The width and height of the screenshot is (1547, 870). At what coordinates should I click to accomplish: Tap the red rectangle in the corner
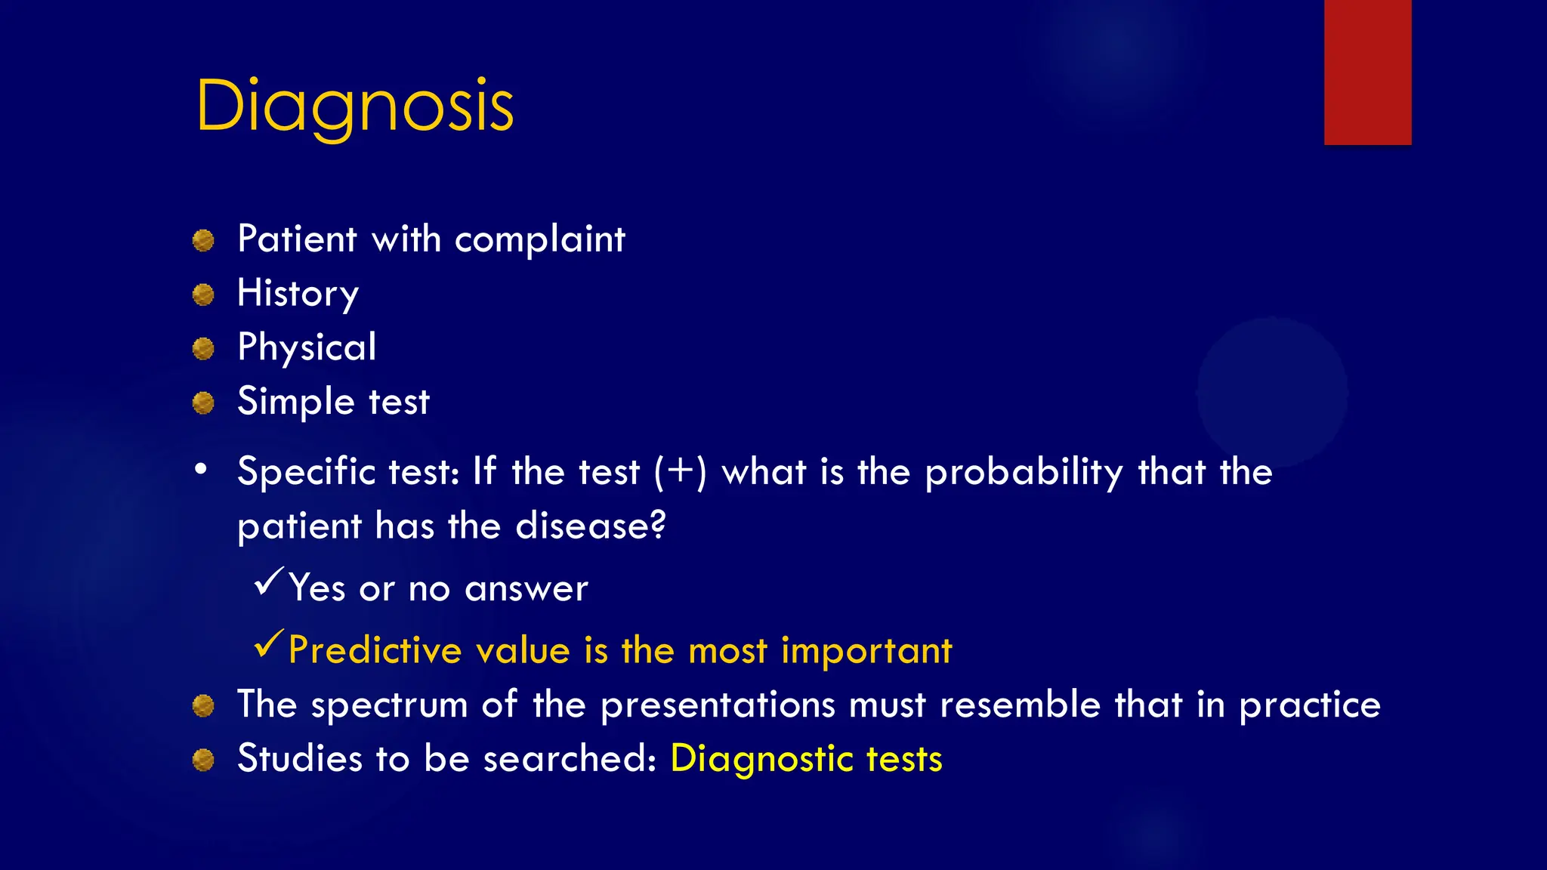pos(1367,72)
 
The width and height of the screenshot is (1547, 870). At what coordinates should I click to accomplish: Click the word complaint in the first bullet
pos(539,240)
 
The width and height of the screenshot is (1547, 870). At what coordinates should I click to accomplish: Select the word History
pos(298,294)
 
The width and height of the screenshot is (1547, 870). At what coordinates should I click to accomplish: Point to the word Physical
pos(307,347)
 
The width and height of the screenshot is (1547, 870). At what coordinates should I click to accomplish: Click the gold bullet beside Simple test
pos(203,403)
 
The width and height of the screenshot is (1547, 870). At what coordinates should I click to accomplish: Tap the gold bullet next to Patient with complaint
pos(203,241)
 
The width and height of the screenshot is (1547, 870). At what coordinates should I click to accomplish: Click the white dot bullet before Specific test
pos(200,470)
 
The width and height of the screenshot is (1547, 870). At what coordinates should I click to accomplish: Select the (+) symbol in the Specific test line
pos(681,472)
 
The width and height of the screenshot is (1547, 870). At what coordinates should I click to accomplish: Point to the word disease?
pos(590,526)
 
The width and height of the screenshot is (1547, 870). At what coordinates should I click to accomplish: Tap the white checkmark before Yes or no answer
pos(269,582)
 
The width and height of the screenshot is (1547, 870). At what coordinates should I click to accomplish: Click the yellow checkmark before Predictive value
pos(269,643)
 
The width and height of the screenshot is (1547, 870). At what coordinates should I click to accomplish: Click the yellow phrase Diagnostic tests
pos(806,759)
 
